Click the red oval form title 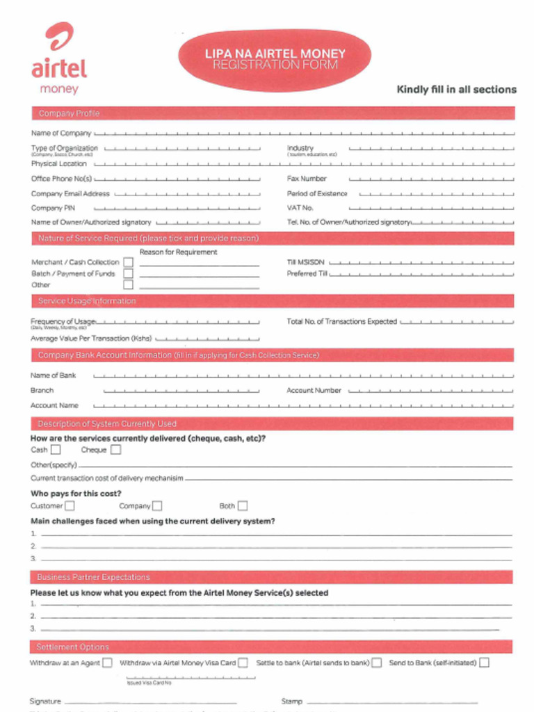point(275,59)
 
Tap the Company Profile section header point(69,113)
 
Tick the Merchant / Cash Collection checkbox point(128,262)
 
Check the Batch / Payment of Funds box point(128,273)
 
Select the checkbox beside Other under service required point(128,284)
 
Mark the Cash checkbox point(56,450)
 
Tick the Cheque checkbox point(115,450)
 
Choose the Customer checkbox point(70,506)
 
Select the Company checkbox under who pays point(157,506)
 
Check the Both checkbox point(242,506)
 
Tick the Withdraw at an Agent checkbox point(107,663)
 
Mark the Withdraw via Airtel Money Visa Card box point(243,663)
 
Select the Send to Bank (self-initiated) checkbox point(484,663)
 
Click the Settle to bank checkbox point(376,663)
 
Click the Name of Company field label point(60,133)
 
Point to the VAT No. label point(300,208)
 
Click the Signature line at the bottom point(149,702)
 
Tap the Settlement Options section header point(72,647)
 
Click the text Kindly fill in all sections point(456,90)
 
